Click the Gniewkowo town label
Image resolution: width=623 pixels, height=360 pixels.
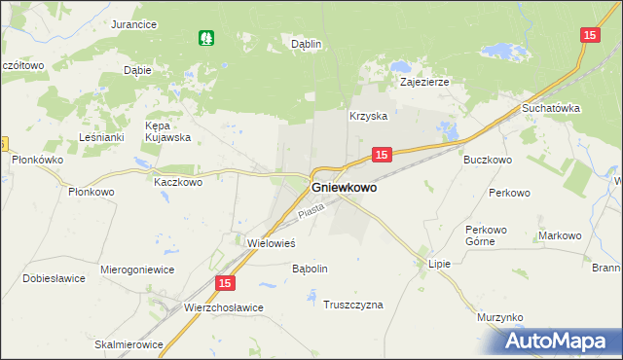(344, 189)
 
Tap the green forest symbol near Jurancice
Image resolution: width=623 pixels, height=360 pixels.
(206, 38)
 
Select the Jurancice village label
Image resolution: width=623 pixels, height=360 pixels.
(134, 24)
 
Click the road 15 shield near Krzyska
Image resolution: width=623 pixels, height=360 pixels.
(382, 155)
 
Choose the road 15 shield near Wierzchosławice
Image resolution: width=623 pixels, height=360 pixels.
(225, 283)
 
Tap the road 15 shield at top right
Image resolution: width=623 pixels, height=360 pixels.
(590, 35)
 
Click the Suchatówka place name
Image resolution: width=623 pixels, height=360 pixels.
(551, 108)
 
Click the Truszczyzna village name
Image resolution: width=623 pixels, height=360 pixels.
(353, 305)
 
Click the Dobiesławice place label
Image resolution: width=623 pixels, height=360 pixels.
(55, 278)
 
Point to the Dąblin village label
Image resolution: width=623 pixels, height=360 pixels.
(307, 44)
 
